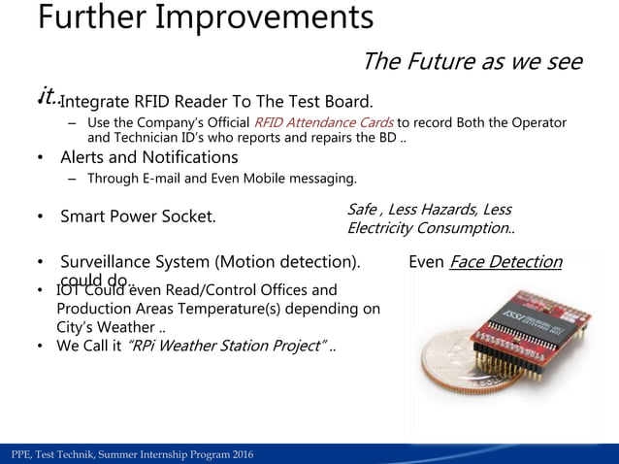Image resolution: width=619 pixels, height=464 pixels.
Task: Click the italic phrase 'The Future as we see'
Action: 472,63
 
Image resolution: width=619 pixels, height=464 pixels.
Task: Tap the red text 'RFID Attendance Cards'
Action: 323,123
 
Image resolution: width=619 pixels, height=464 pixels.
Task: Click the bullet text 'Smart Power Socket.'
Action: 138,216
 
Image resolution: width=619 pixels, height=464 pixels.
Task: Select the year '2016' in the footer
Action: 240,455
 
